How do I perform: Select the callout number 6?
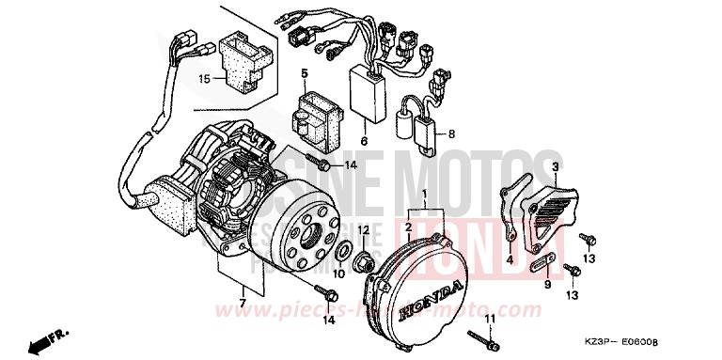point(364,141)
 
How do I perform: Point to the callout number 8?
point(452,134)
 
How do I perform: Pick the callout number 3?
point(556,165)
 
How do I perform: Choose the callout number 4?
point(509,258)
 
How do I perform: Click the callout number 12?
point(362,228)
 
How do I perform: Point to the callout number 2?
point(409,227)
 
